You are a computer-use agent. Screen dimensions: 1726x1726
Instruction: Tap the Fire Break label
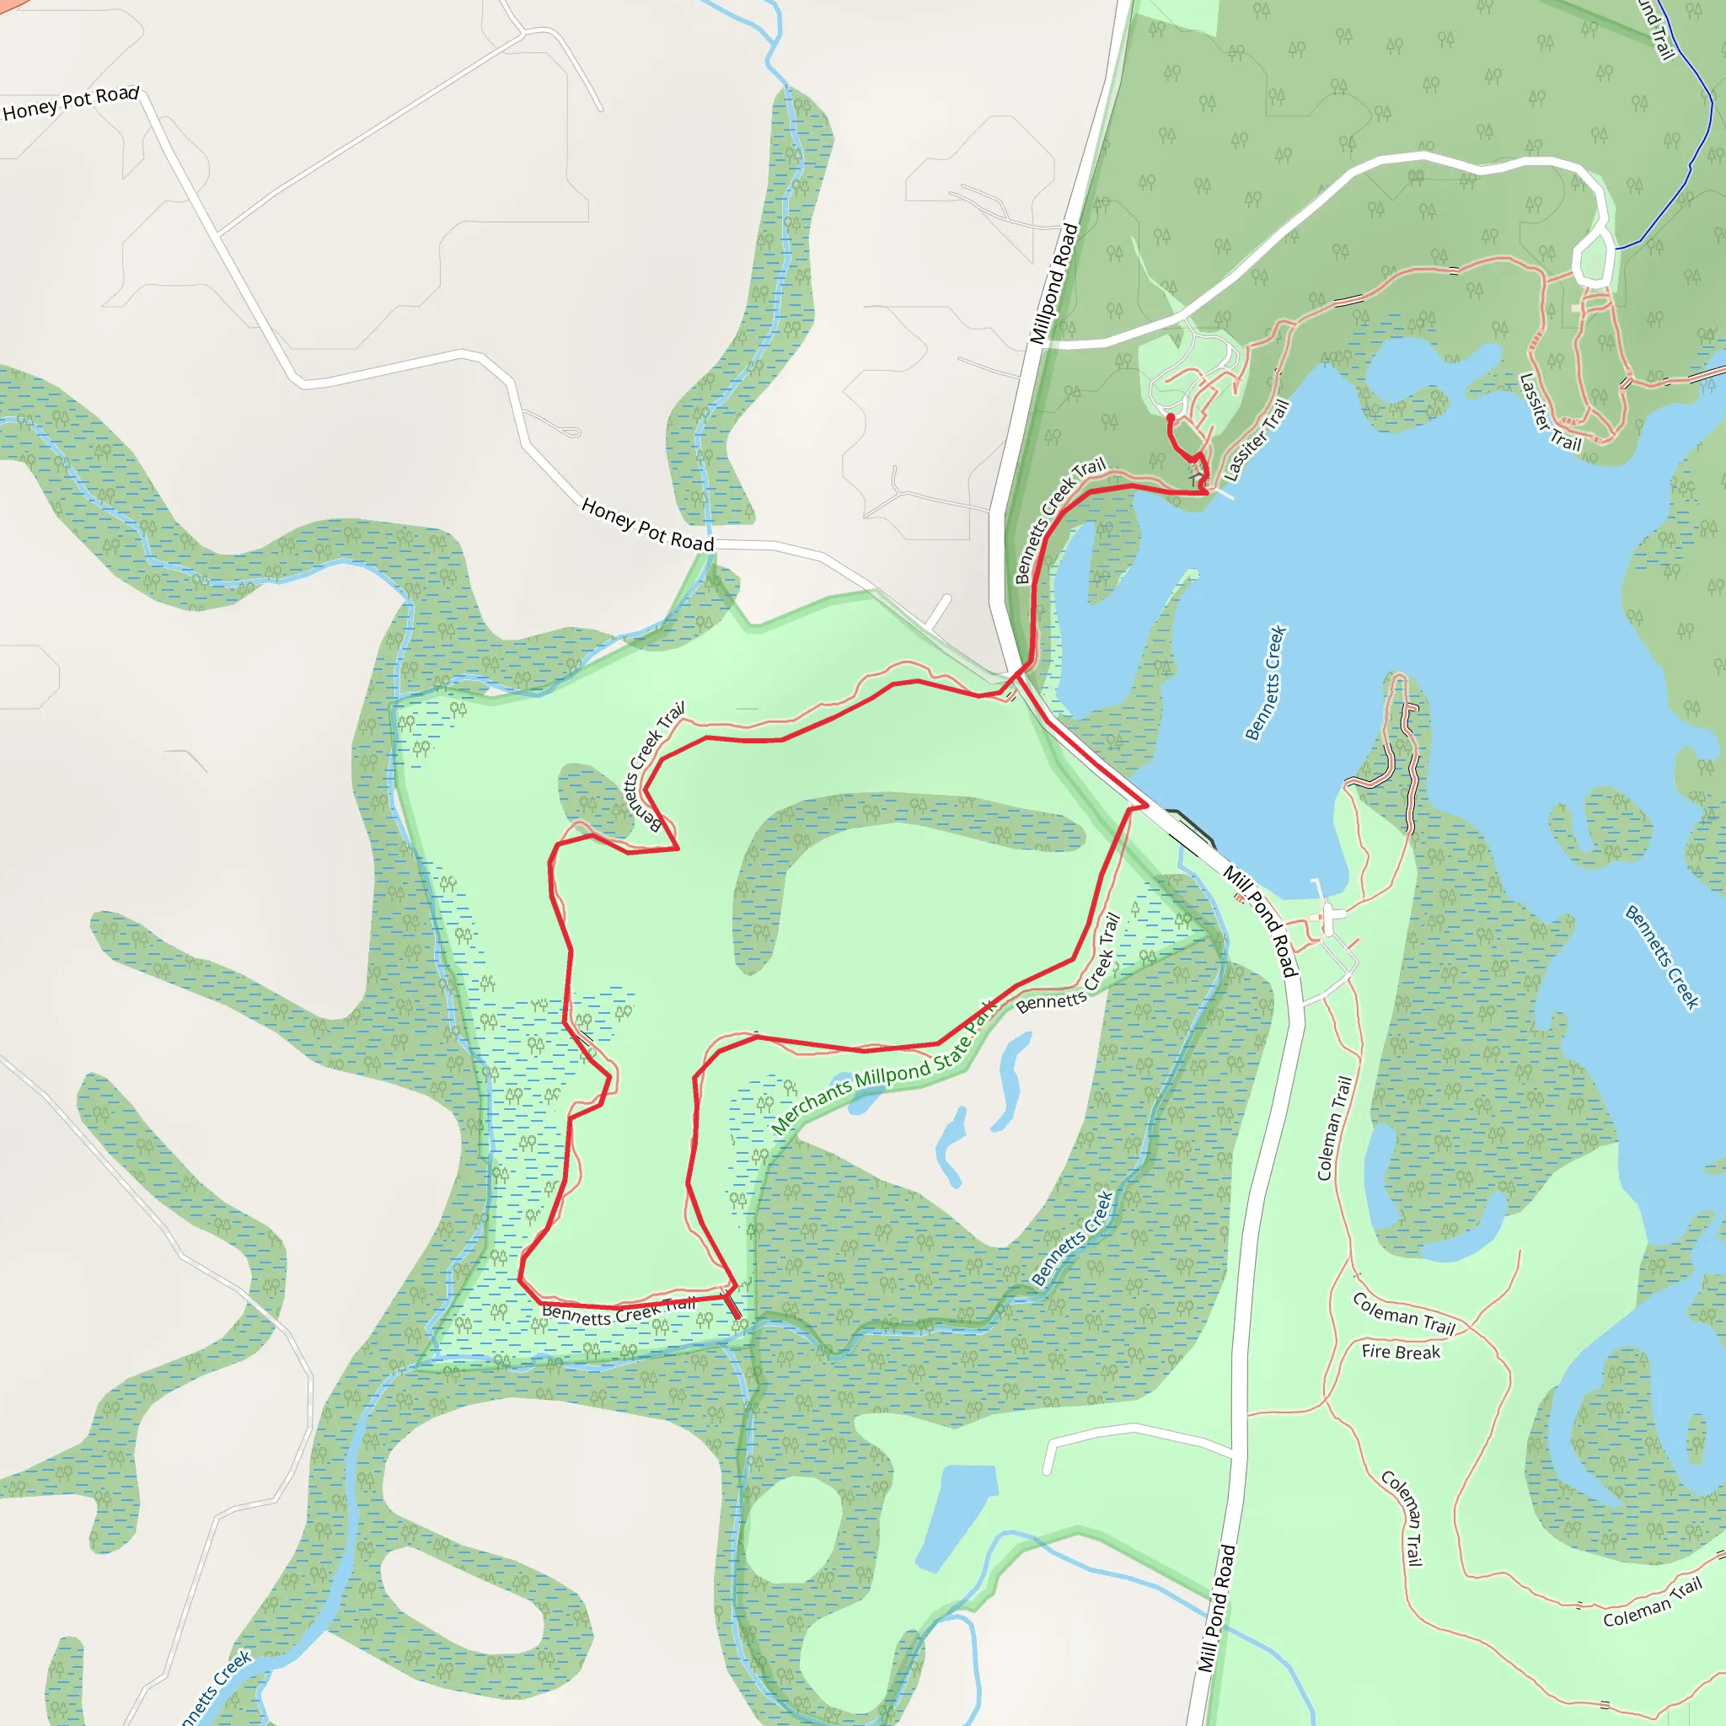(x=1400, y=1353)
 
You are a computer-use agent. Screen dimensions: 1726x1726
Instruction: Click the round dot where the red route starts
(x=1171, y=417)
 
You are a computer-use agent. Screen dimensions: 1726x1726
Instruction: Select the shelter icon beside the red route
(x=1196, y=480)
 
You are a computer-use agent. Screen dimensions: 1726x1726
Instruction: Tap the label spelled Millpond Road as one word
(x=1054, y=284)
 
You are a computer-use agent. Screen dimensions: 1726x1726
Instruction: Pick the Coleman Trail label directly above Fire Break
(x=1403, y=1312)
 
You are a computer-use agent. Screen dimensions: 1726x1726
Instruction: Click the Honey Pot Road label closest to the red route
(x=648, y=524)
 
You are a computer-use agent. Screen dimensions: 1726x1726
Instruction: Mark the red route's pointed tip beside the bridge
(x=1146, y=806)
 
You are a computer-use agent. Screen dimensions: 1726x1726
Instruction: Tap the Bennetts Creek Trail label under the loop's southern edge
(x=619, y=1311)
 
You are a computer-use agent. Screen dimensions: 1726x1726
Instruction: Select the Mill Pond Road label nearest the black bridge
(x=1260, y=920)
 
